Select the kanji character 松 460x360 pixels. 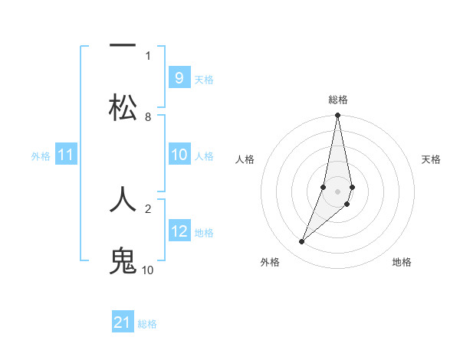(123, 107)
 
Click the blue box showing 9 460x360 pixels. (179, 78)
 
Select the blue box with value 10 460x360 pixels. (179, 155)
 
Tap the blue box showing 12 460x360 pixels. (179, 231)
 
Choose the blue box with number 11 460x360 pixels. (66, 155)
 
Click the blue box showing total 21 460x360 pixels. (123, 322)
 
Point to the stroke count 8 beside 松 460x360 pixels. (148, 117)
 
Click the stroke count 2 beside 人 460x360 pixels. (148, 208)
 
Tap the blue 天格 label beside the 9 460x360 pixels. (204, 80)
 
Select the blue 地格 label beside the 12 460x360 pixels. (204, 233)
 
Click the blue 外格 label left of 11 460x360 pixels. (41, 156)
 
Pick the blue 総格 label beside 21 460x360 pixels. (147, 324)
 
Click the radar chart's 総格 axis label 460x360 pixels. (338, 100)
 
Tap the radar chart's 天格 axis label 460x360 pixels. (432, 159)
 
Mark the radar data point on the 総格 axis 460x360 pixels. (337, 116)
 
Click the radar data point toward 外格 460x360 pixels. (301, 242)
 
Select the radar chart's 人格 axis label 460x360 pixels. (245, 159)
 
